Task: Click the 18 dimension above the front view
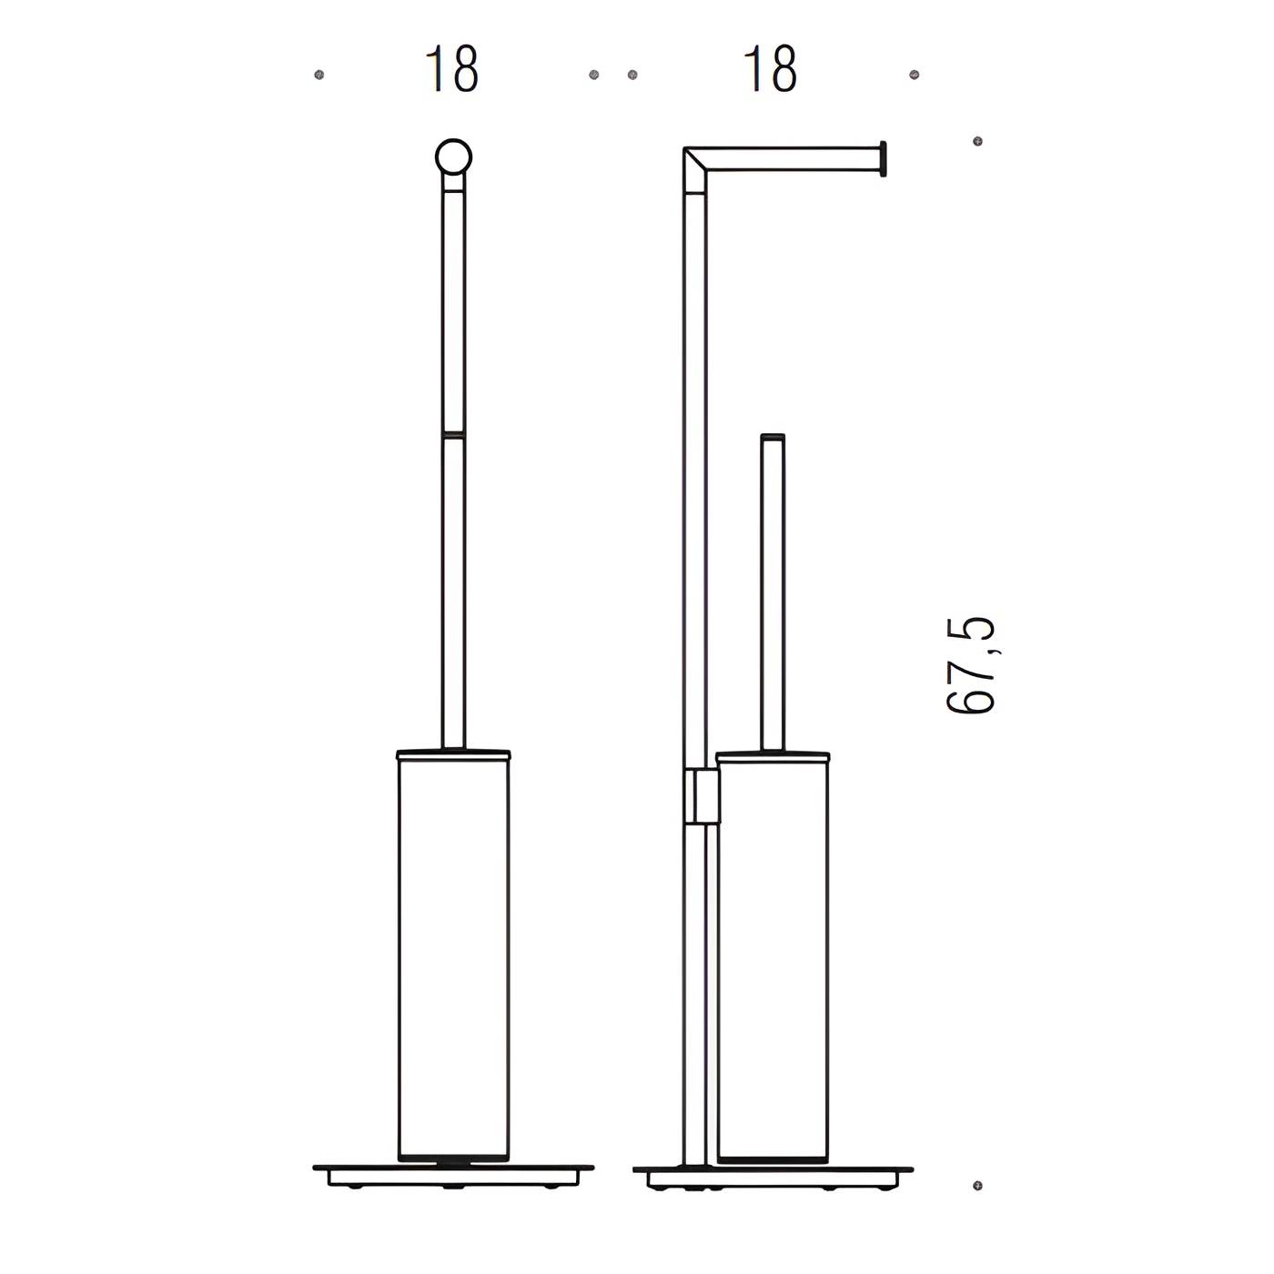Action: point(451,69)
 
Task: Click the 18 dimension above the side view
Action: point(770,69)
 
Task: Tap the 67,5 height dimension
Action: point(971,665)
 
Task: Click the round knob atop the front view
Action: point(453,157)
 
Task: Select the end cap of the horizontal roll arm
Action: point(883,158)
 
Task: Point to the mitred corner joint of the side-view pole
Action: point(695,170)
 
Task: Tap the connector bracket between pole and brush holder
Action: point(702,796)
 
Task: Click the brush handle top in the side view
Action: point(773,437)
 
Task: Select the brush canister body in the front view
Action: point(453,959)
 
